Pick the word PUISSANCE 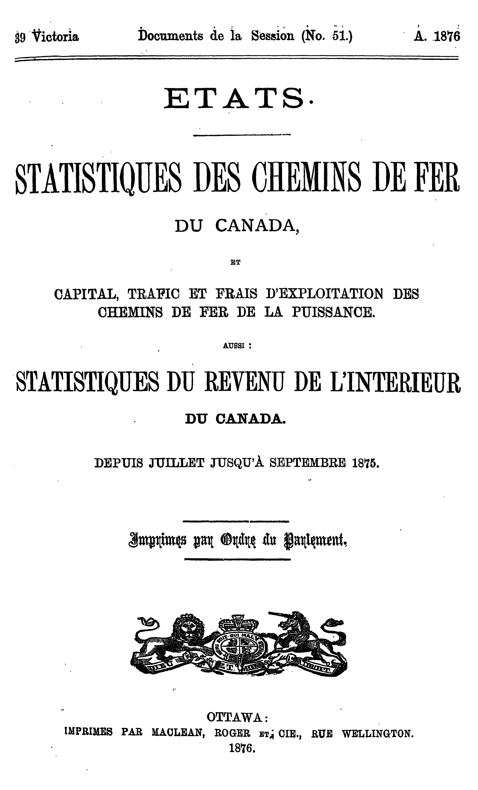tap(333, 313)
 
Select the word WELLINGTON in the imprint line tap(378, 732)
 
